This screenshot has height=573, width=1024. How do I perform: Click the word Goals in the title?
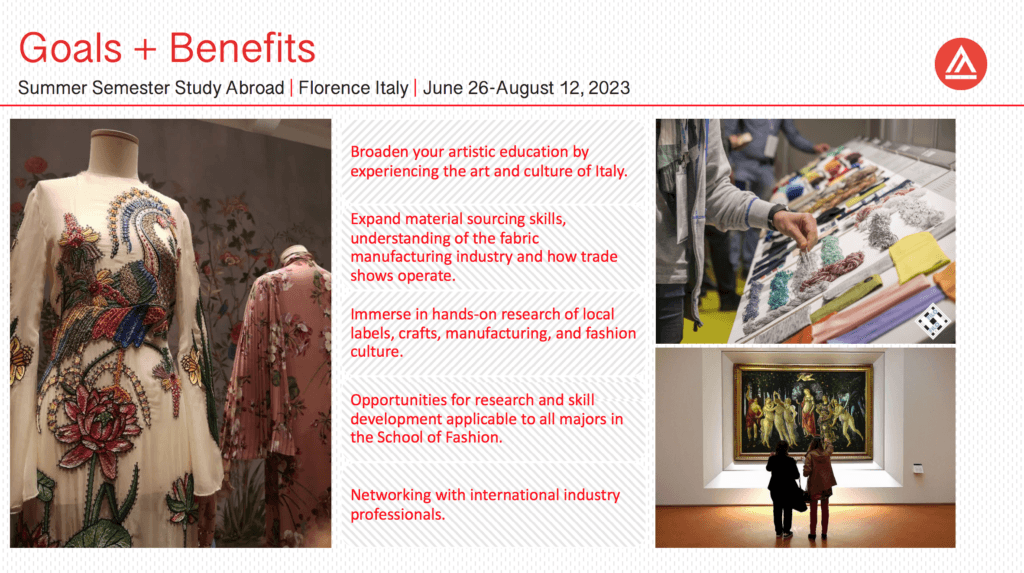coord(71,48)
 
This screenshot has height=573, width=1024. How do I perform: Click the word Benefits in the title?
coord(242,48)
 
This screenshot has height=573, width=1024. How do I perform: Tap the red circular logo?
coord(961,63)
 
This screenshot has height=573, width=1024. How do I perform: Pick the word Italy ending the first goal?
coord(610,171)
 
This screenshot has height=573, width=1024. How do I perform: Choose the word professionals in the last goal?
coord(397,515)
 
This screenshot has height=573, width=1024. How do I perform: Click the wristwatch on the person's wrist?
coord(776,215)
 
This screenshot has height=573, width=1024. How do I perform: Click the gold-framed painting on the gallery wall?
coord(803,412)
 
